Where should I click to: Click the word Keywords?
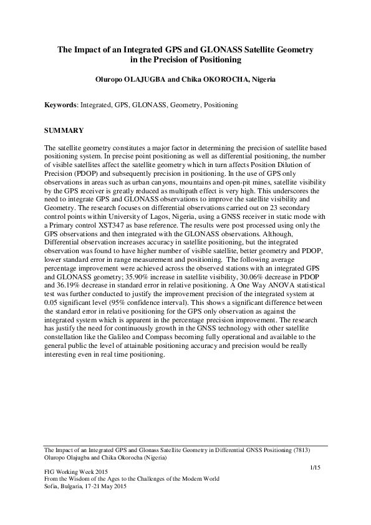point(59,106)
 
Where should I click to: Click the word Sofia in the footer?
point(52,486)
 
